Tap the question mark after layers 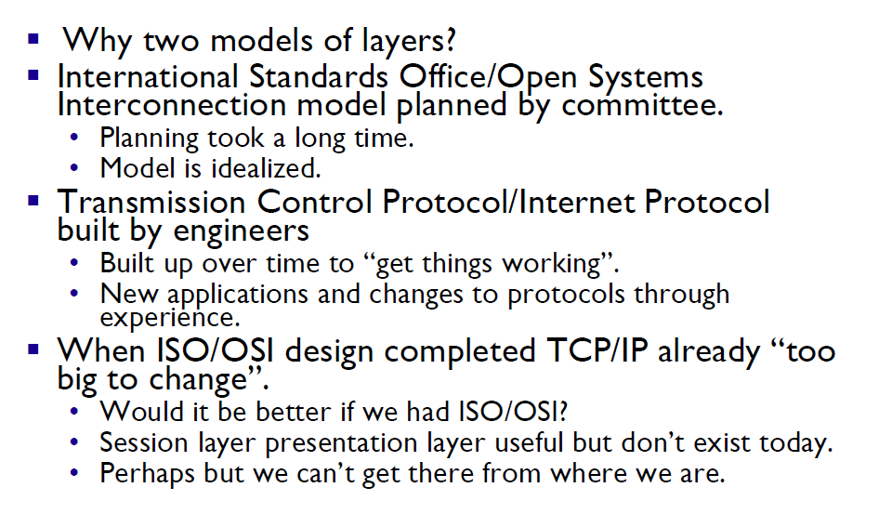coord(450,39)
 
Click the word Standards coord(319,77)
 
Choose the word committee coord(642,105)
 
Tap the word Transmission coord(151,202)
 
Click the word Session coord(143,442)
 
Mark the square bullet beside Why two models coord(33,39)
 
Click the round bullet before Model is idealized coord(74,167)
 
